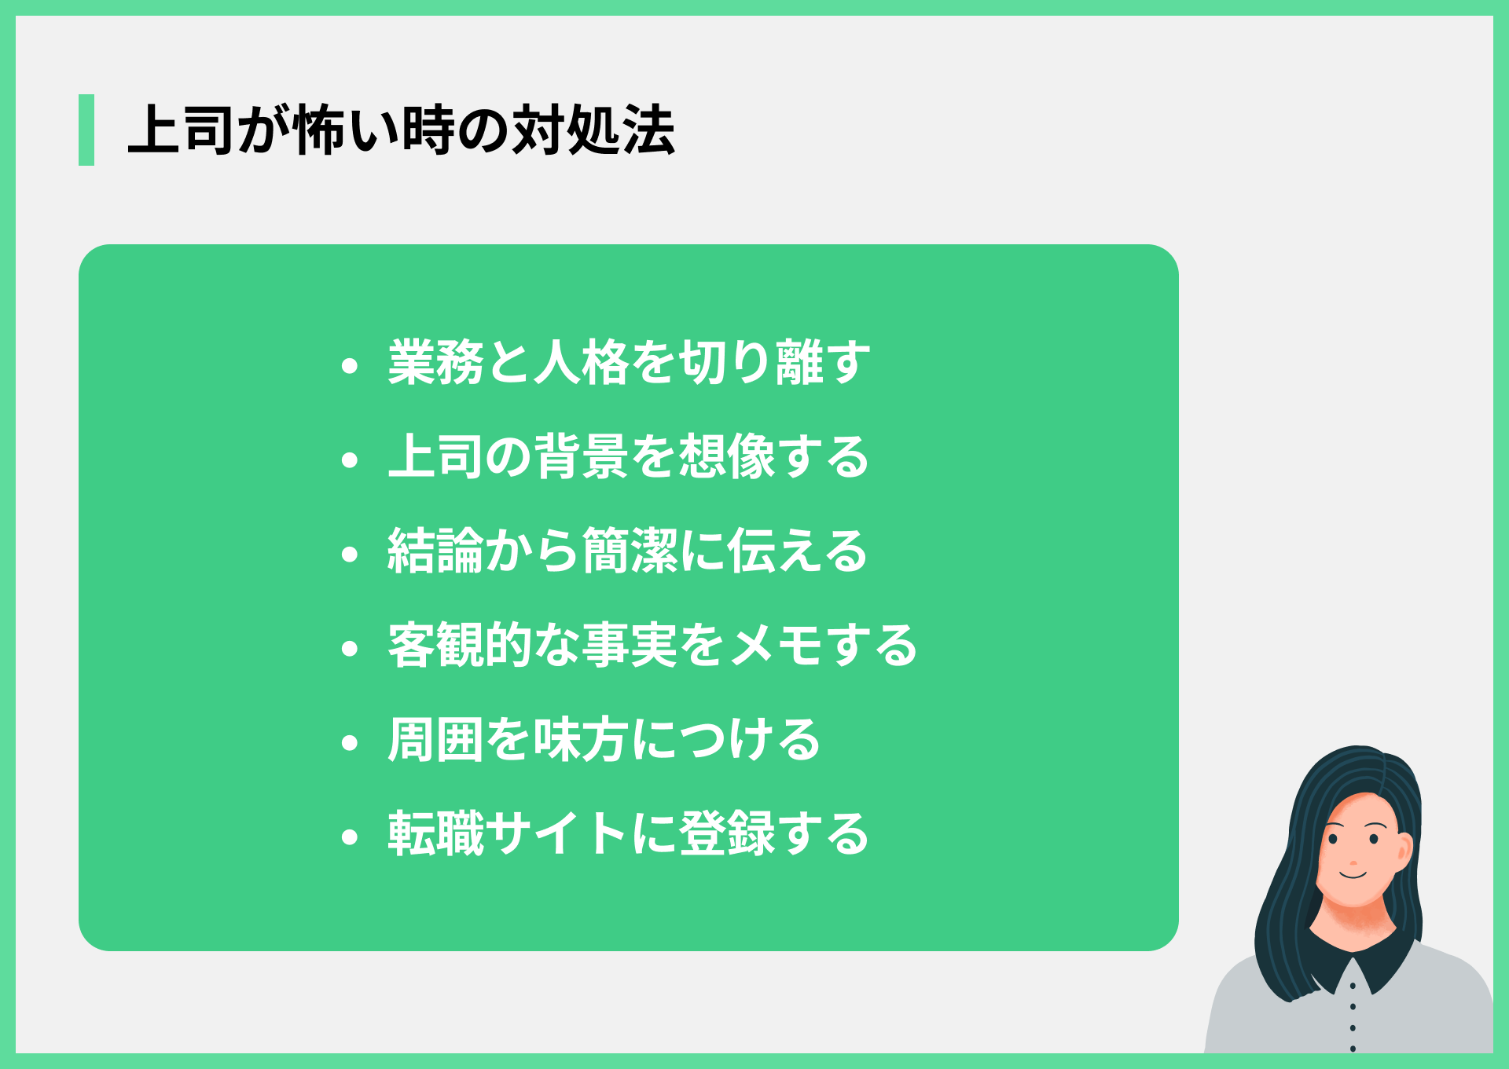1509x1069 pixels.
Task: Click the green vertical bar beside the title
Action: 86,130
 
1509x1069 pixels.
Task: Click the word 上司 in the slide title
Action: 182,130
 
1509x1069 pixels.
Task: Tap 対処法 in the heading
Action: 593,130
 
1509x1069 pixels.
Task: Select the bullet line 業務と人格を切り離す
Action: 629,363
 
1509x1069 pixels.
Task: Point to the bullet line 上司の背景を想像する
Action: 629,457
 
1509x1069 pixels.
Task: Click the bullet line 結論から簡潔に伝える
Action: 627,551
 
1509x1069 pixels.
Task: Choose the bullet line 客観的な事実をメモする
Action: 652,646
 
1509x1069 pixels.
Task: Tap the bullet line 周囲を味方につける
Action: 604,740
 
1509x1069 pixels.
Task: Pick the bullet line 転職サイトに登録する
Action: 629,834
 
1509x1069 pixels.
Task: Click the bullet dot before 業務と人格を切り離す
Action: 350,365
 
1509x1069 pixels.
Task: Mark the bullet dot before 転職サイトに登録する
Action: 350,837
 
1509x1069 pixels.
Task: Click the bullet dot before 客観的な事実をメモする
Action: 350,648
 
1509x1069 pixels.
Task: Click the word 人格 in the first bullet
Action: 582,363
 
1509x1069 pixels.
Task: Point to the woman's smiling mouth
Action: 1353,873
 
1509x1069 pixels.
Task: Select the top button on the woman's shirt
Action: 1353,985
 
